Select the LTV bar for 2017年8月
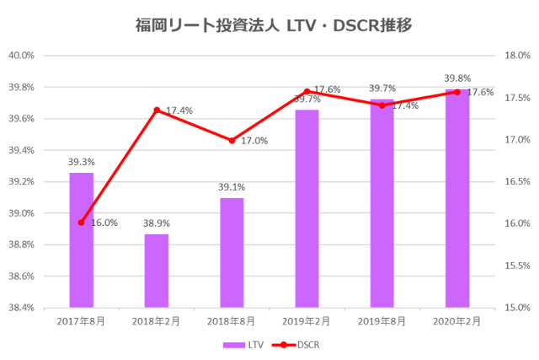pos(82,240)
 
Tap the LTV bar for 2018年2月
pos(157,271)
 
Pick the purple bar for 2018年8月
pos(232,253)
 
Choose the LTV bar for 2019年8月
pos(382,203)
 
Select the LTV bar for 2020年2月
pos(457,198)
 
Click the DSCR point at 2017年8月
pos(82,223)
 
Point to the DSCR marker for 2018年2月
pos(157,110)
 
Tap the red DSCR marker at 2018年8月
pos(232,140)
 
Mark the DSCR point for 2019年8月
pos(382,105)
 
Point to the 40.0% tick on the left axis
pos(20,56)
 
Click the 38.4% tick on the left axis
pos(20,308)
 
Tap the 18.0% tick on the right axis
pos(516,56)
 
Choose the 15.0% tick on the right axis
pos(516,308)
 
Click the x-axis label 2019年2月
pos(307,321)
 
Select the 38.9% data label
pos(157,224)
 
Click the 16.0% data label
pos(104,223)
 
